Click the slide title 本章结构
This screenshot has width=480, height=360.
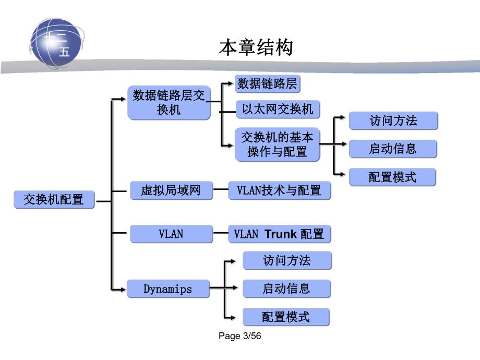pos(256,48)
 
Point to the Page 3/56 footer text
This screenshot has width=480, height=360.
pos(239,337)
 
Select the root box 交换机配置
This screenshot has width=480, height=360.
pos(54,199)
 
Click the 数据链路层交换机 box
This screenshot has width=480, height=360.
pos(169,103)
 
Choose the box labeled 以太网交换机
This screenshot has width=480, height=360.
pos(278,109)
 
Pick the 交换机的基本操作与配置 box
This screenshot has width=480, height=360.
pos(277,145)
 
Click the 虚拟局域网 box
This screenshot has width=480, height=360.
pos(171,190)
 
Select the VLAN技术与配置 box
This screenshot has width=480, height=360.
pos(279,190)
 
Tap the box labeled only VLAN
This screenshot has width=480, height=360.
pos(171,234)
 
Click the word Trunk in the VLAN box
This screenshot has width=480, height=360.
pos(280,234)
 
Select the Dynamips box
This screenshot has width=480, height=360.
pos(168,289)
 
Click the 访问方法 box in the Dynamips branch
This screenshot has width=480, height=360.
pos(287,261)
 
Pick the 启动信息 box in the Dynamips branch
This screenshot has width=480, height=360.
pos(286,289)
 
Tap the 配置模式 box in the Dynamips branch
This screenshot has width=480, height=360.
pos(286,317)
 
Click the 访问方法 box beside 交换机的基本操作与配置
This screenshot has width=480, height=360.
pos(393,121)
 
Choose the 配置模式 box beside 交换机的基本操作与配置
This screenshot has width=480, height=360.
pos(392,177)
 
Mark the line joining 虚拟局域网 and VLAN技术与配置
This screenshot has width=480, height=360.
pos(221,190)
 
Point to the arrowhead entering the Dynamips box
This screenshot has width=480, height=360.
pos(124,289)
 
